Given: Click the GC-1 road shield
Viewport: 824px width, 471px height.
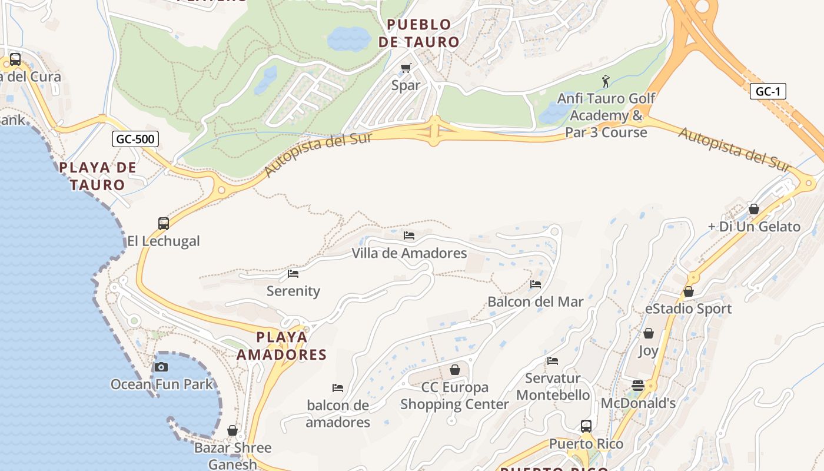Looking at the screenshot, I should [x=767, y=91].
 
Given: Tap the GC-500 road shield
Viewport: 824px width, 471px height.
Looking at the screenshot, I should [x=135, y=140].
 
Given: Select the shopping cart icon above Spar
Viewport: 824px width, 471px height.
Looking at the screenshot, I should [x=406, y=68].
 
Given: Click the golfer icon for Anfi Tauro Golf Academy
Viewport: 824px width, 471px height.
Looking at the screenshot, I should [x=606, y=81].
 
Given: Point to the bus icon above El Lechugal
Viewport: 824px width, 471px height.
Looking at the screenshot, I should [x=164, y=224].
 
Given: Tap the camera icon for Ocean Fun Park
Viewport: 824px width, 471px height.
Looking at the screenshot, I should [x=161, y=367].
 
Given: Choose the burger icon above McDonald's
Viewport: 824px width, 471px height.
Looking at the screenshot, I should [x=638, y=386].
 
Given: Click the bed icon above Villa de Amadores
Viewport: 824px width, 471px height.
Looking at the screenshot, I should [x=409, y=235].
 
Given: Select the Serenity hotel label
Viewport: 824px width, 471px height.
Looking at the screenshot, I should [x=293, y=291].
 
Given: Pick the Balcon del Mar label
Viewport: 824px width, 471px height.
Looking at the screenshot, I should [x=535, y=301].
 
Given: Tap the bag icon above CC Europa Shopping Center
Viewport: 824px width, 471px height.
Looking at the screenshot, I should [x=454, y=370].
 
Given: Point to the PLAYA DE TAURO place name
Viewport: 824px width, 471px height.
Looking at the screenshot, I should [x=98, y=176].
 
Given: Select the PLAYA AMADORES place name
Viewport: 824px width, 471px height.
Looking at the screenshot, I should [x=281, y=346].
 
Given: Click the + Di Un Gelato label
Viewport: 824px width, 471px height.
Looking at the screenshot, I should [x=754, y=227].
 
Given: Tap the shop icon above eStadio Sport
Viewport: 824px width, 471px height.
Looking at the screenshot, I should [x=688, y=291].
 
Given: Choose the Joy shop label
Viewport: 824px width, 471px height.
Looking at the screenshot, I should [x=648, y=351].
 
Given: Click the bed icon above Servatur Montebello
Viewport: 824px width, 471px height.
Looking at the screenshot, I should [x=552, y=360].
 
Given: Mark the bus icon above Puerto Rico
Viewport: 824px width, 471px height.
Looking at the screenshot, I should [x=586, y=426].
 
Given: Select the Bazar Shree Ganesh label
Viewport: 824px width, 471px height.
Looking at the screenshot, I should [x=233, y=456].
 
